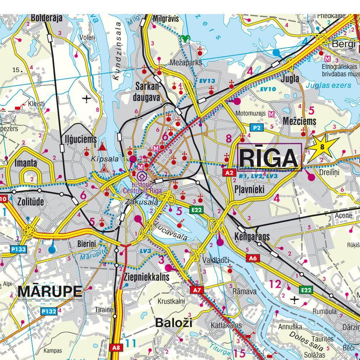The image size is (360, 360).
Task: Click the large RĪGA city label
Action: [269, 157]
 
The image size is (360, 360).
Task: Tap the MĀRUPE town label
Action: [50, 291]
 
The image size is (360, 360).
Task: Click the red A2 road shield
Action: [229, 172]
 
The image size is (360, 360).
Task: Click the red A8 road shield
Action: [116, 348]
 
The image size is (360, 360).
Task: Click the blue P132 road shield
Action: [49, 311]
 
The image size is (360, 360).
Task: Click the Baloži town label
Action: [174, 323]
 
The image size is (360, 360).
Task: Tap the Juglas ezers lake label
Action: [328, 85]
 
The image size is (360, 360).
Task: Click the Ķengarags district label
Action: [252, 237]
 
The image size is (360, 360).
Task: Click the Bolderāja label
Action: [47, 18]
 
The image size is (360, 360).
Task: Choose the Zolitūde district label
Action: [31, 202]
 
